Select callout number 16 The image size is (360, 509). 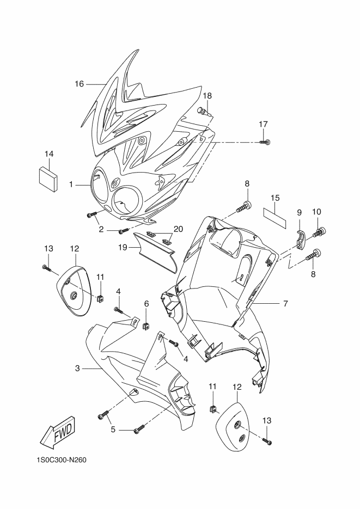[79, 84]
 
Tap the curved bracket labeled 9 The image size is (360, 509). [302, 241]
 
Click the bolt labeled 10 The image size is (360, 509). [319, 232]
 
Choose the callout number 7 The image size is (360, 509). [285, 304]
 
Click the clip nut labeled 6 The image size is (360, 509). [146, 324]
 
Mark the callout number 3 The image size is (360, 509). [77, 369]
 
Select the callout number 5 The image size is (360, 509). [113, 430]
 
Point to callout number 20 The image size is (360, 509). [178, 229]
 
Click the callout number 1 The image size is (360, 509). [71, 185]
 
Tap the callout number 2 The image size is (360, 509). [101, 230]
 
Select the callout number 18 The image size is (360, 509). [207, 96]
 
